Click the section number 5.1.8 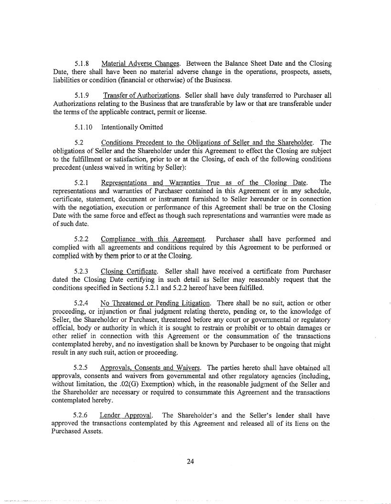tap(83, 63)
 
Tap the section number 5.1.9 tap(83, 95)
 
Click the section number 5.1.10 tap(85, 127)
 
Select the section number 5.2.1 tap(83, 183)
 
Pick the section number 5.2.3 tap(83, 271)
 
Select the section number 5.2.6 tap(83, 415)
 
